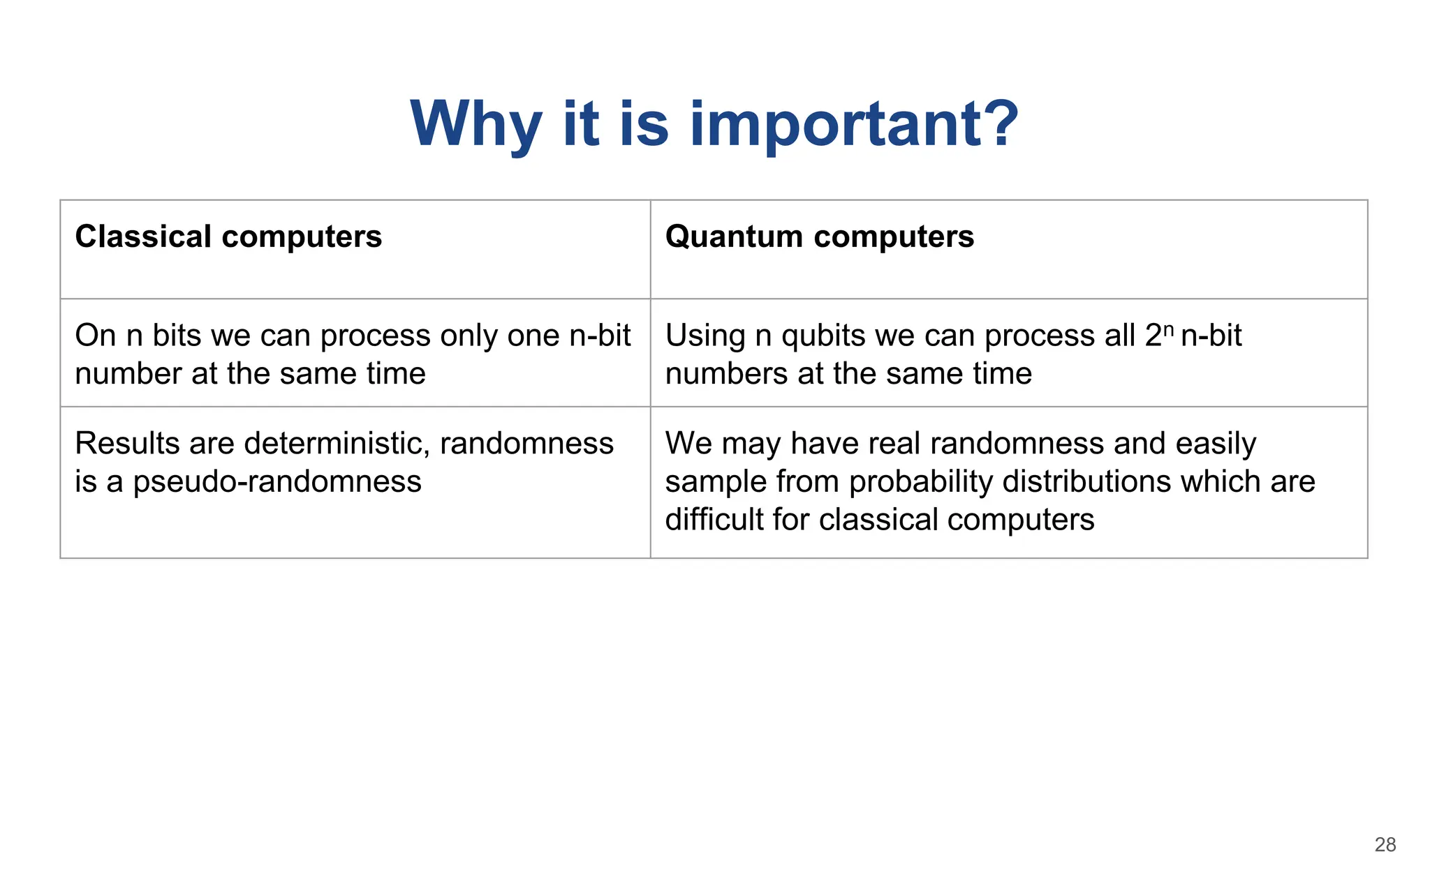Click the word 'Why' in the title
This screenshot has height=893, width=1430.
click(x=476, y=124)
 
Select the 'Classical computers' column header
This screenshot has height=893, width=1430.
click(x=228, y=237)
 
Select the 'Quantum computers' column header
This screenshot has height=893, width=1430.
click(x=819, y=237)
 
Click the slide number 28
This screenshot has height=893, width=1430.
click(x=1385, y=845)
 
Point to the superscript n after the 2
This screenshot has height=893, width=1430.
click(x=1169, y=328)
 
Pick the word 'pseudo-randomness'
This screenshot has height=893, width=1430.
click(x=277, y=482)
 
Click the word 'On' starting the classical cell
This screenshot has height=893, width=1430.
click(x=95, y=336)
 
